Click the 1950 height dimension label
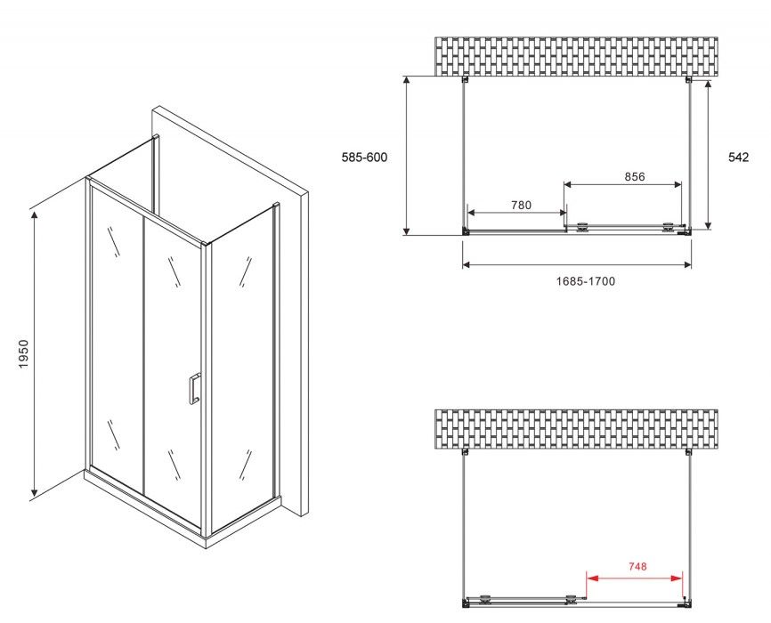(x=25, y=354)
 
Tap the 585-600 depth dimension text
(x=364, y=158)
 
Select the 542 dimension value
(x=738, y=158)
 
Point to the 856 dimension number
(x=634, y=176)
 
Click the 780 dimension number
(x=521, y=205)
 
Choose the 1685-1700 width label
(x=586, y=281)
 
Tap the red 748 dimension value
(x=637, y=566)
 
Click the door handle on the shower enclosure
(x=194, y=388)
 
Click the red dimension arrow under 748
(x=636, y=578)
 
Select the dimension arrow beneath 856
(x=622, y=184)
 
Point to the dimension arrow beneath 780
(x=516, y=213)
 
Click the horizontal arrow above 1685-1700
(x=577, y=265)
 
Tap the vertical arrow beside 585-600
(x=407, y=156)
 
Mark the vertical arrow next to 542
(x=708, y=155)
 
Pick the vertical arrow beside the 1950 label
(x=34, y=353)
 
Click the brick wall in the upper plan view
(x=576, y=57)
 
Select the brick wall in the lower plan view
(x=576, y=429)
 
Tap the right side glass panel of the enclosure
(x=242, y=368)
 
